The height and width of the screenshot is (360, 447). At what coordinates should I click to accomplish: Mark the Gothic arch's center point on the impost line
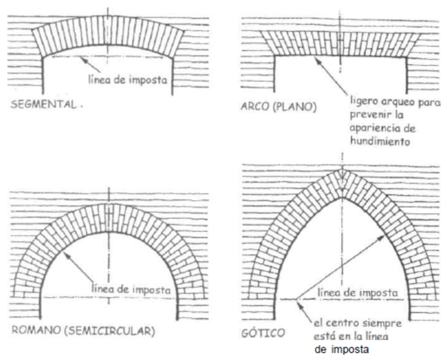click(x=297, y=299)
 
